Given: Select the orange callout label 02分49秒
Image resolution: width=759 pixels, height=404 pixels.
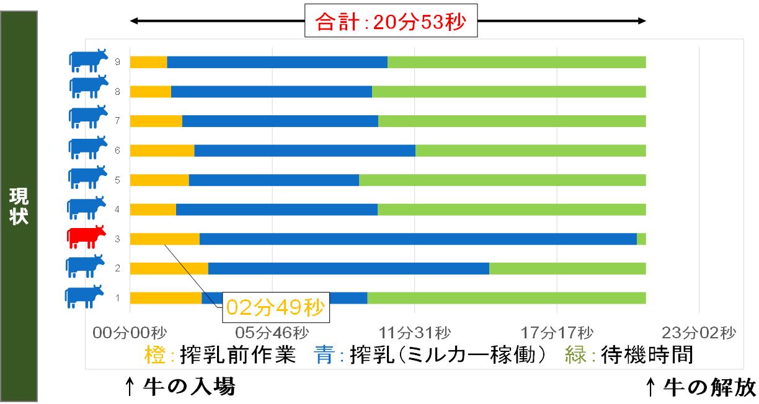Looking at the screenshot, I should (275, 307).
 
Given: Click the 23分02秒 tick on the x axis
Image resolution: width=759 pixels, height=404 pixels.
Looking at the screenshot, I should (700, 333).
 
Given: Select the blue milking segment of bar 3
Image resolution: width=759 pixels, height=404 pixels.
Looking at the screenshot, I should (418, 239).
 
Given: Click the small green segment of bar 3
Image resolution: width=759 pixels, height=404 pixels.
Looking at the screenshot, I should (641, 239).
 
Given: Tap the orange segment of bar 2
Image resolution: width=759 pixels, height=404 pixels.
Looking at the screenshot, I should (169, 268).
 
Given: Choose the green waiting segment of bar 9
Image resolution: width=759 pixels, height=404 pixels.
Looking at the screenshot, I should (517, 62).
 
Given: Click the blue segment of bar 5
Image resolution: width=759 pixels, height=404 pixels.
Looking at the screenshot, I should (273, 180).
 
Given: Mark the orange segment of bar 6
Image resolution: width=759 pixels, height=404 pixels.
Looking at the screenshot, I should (162, 151).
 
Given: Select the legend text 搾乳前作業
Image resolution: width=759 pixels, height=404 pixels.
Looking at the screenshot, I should (237, 355).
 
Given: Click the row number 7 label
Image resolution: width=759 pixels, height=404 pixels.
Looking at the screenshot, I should (117, 121).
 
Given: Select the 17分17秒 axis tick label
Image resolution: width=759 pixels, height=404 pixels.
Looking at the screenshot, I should (557, 333).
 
